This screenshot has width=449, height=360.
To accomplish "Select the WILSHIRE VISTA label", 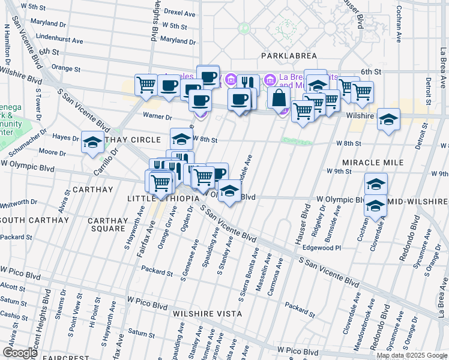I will [x=207, y=314].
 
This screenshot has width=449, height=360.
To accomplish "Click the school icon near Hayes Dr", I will [x=92, y=143].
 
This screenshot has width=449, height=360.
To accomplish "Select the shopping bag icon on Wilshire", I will [x=280, y=99].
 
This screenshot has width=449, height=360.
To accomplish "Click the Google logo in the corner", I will [x=20, y=353].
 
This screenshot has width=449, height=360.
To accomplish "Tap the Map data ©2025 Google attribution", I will [x=412, y=355].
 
